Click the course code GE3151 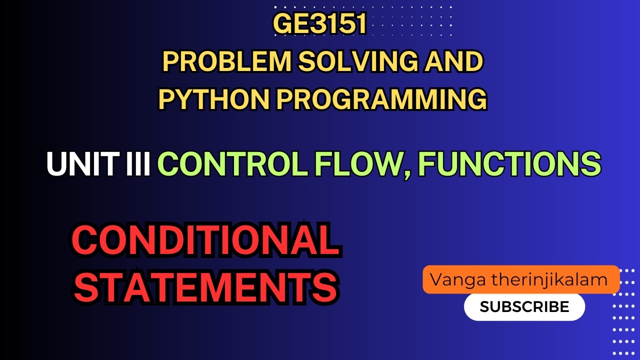[320, 25]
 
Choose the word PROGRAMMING [381, 99]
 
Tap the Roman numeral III [140, 164]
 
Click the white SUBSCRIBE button [524, 306]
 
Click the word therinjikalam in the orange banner [549, 279]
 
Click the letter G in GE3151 [283, 25]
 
